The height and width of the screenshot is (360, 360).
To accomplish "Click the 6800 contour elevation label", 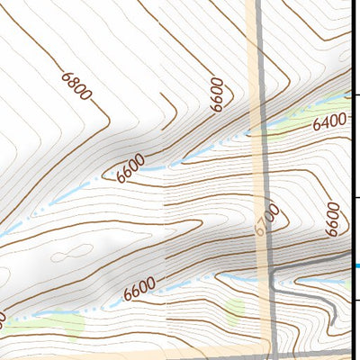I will coord(77,86).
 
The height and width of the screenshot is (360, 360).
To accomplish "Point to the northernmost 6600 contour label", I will coord(216,94).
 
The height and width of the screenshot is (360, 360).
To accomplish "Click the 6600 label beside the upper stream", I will coord(130,167).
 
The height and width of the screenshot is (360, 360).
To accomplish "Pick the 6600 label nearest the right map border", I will coord(332,217).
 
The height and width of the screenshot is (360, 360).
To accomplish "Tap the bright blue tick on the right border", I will coord(356,265).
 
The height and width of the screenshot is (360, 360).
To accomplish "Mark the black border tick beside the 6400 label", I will coord(356,94).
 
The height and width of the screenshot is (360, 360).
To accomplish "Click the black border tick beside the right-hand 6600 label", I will coord(356,197).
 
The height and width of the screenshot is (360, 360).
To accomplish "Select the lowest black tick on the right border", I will coord(356,300).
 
